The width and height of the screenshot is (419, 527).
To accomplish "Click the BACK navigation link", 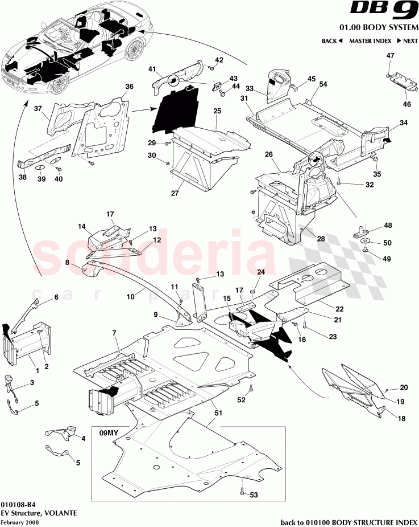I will coord(331,41).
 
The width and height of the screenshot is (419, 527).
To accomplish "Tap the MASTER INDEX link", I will coord(370,41).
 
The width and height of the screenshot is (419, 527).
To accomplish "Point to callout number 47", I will coord(390,56).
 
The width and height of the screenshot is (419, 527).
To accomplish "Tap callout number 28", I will coord(321,239).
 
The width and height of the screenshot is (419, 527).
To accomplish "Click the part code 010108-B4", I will coord(13,504).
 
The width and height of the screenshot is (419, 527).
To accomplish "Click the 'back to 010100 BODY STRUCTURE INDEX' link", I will coord(350,522).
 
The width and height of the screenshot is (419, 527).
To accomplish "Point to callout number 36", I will coord(129,87).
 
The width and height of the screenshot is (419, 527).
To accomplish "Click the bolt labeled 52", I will coord(249,390).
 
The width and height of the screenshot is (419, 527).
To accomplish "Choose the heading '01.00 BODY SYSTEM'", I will coord(379,27).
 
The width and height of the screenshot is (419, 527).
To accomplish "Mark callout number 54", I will coord(323,84).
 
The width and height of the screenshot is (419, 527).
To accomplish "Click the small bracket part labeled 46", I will coord(401,81).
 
